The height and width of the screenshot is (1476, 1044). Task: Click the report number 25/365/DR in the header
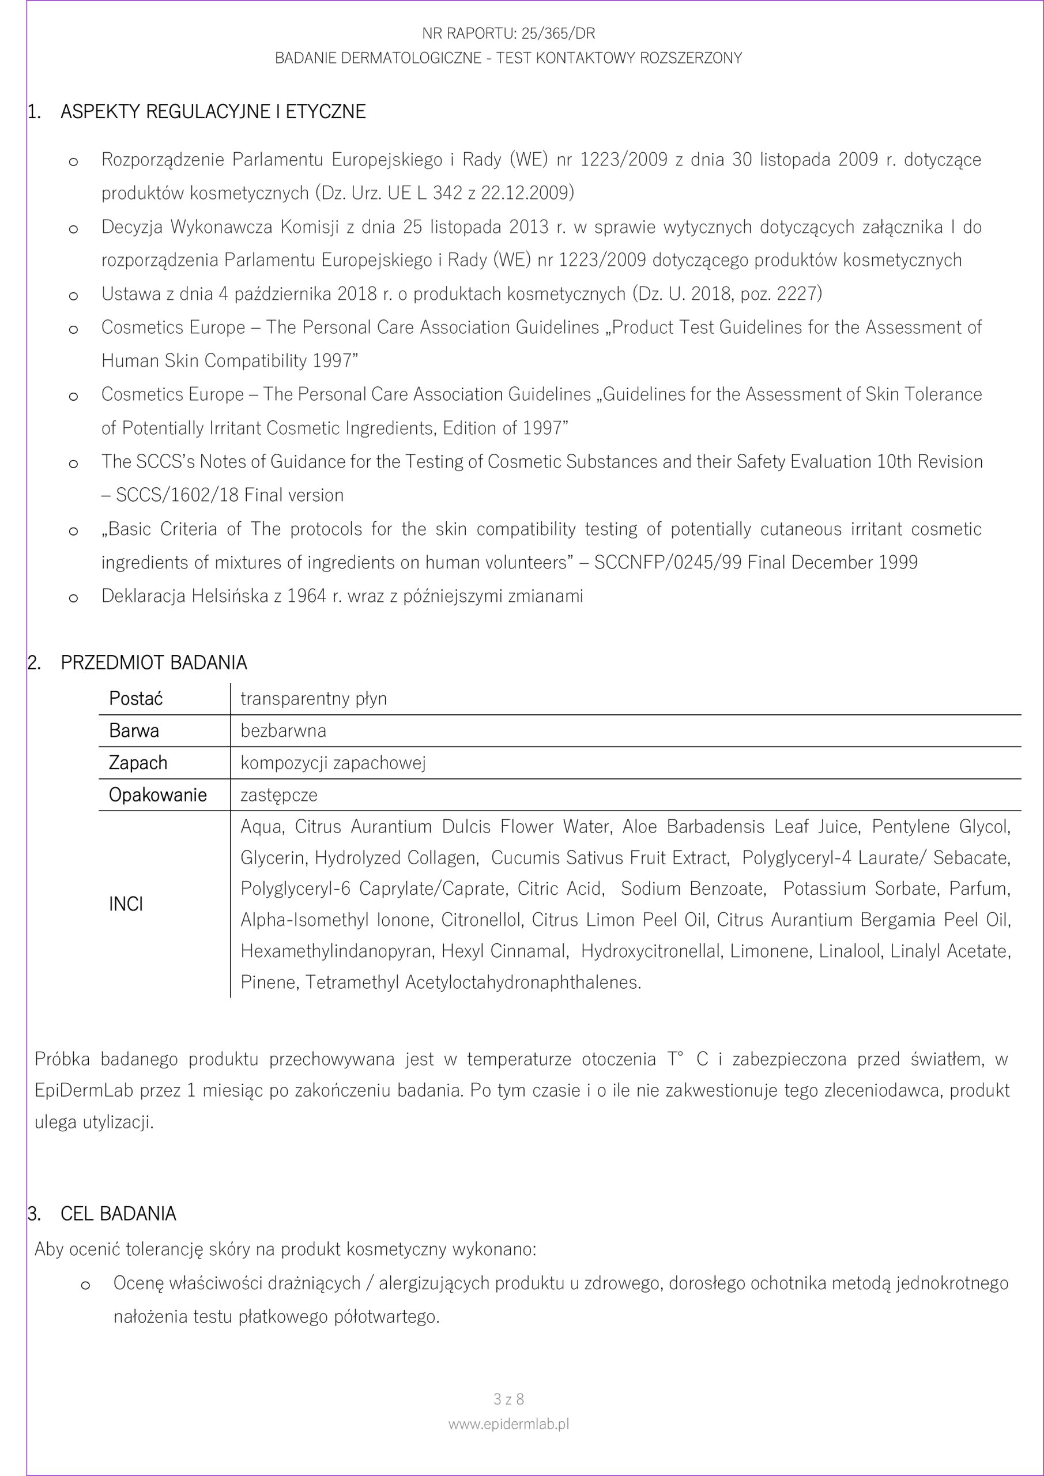[x=557, y=33]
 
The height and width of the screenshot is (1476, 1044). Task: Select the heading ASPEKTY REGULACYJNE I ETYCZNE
[x=213, y=112]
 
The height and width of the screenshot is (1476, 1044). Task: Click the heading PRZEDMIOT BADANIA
[x=154, y=663]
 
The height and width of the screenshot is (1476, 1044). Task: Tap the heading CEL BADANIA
[x=118, y=1214]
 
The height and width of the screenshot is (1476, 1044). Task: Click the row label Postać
[x=135, y=699]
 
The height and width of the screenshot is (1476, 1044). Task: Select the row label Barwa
[x=134, y=731]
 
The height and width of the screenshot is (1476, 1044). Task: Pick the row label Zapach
[x=138, y=763]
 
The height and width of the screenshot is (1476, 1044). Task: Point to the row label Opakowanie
[x=157, y=795]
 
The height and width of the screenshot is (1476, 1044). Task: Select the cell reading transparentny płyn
[x=314, y=699]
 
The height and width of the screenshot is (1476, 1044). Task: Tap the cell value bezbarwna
[x=284, y=731]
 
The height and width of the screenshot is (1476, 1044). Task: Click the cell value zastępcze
[x=279, y=795]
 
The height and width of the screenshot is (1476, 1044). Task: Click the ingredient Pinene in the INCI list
[x=267, y=982]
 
